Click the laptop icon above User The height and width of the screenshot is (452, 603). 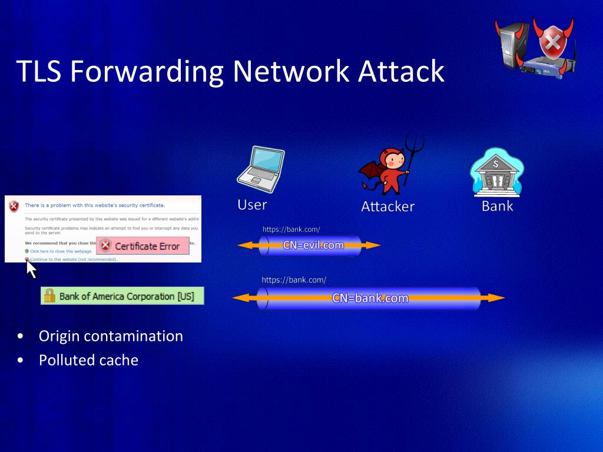click(x=260, y=169)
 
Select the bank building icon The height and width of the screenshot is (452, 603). click(x=496, y=173)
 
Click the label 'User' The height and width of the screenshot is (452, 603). click(x=252, y=205)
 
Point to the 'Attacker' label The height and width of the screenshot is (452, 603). click(x=387, y=207)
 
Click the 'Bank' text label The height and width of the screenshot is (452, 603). click(x=497, y=206)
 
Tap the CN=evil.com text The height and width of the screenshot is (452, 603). click(x=313, y=245)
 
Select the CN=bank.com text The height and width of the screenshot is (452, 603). click(x=370, y=298)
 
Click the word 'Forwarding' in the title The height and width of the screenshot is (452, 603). click(x=147, y=71)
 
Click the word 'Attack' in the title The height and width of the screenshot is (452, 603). click(x=401, y=71)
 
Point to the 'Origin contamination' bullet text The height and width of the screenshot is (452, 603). click(x=111, y=336)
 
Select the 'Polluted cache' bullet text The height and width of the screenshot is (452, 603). click(x=88, y=360)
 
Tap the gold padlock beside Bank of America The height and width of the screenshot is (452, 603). click(x=49, y=295)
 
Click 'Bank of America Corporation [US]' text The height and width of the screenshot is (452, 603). click(x=126, y=296)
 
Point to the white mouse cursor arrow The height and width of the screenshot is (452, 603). click(x=31, y=269)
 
